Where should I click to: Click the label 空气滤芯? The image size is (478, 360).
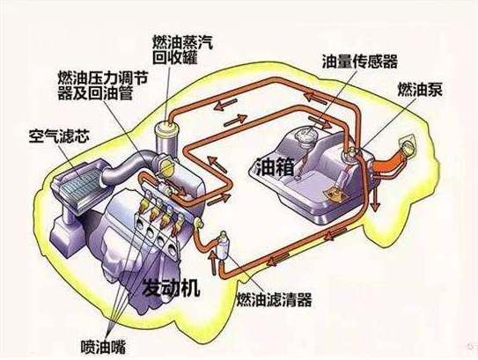click(59, 136)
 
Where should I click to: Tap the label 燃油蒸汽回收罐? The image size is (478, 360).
click(183, 50)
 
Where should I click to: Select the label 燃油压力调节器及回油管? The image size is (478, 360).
click(102, 86)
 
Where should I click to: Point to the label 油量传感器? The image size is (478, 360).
click(360, 62)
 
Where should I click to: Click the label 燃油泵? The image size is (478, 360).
click(420, 89)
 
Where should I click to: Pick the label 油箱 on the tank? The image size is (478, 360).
click(276, 167)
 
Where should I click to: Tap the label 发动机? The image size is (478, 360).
click(172, 288)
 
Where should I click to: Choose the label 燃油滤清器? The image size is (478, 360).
click(275, 299)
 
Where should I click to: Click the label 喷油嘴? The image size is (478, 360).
click(103, 347)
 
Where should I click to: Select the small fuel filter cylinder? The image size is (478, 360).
click(223, 246)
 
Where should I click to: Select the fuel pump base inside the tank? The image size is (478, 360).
click(334, 195)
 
